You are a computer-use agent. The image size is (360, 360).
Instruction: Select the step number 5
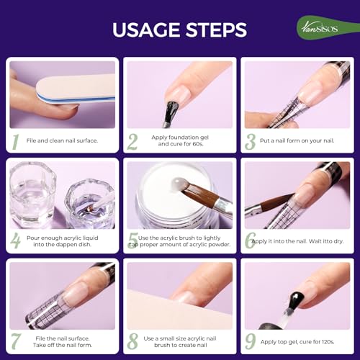(x=132, y=240)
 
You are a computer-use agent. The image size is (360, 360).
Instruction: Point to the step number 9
(x=250, y=339)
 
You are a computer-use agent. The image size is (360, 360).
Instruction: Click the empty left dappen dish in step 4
(x=32, y=194)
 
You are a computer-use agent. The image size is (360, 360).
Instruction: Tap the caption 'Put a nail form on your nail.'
(x=300, y=140)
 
